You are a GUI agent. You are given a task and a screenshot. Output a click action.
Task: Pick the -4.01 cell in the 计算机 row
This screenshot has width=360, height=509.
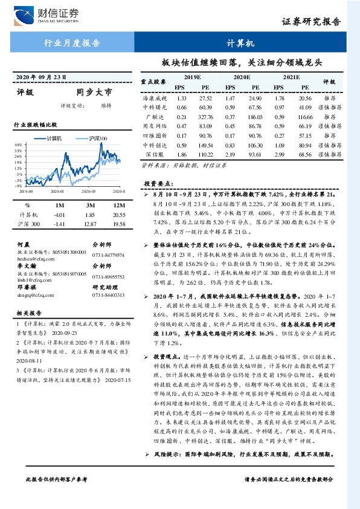[59, 215]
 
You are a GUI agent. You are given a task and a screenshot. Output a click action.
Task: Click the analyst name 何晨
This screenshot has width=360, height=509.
[24, 245]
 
